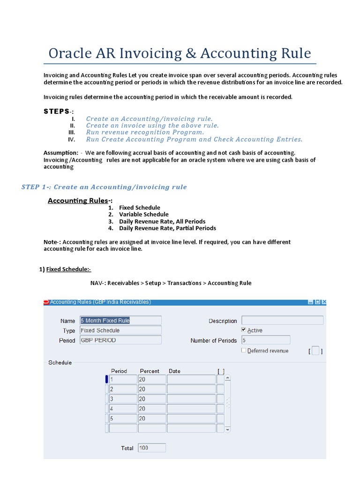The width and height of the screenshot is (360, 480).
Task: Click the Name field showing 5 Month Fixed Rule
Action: (x=120, y=321)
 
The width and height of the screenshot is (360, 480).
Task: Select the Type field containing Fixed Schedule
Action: (x=120, y=330)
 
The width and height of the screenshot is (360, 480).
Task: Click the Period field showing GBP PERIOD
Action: (x=120, y=340)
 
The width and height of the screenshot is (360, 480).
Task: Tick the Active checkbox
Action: (x=244, y=330)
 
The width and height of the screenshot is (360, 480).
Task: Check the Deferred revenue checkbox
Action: (x=244, y=350)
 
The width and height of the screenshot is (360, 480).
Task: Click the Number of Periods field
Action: (x=265, y=340)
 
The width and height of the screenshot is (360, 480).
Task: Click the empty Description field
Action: (x=282, y=321)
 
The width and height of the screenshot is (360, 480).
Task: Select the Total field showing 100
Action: (x=151, y=448)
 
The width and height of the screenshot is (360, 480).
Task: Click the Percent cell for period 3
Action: (x=151, y=399)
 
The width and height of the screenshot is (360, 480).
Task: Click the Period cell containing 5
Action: (x=123, y=419)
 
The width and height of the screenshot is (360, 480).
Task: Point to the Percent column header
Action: (x=150, y=371)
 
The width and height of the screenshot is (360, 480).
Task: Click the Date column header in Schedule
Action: (x=174, y=371)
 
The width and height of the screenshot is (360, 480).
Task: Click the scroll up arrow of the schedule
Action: (x=228, y=378)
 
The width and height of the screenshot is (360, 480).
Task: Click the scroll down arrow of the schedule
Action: (x=228, y=429)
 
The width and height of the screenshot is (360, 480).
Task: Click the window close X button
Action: (x=324, y=302)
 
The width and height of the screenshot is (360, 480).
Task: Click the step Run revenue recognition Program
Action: (x=144, y=132)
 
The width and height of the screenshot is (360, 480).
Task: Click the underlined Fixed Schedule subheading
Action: (x=68, y=269)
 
